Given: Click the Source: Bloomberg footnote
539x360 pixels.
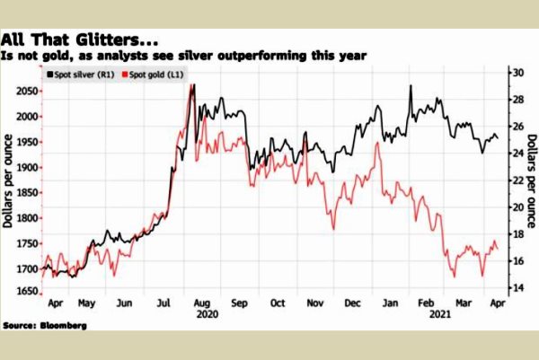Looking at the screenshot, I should [45, 324].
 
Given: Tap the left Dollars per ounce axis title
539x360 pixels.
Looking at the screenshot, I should [8, 180].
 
